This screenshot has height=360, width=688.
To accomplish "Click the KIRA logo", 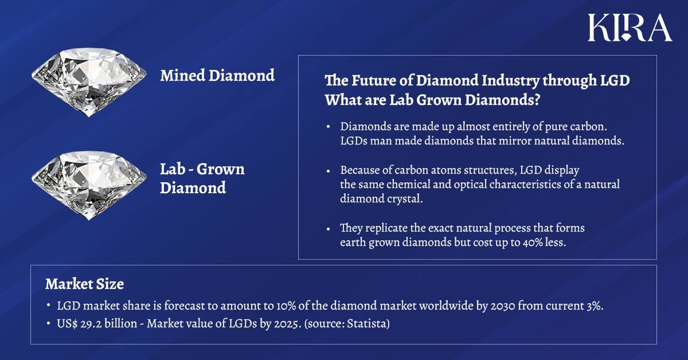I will (x=630, y=28).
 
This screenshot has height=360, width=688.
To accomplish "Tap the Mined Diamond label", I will (x=217, y=75).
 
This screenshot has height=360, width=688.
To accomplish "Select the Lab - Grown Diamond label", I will (x=202, y=178).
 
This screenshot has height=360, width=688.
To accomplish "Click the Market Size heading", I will (x=84, y=284).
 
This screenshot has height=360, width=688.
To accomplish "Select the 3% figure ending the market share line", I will (x=593, y=306).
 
